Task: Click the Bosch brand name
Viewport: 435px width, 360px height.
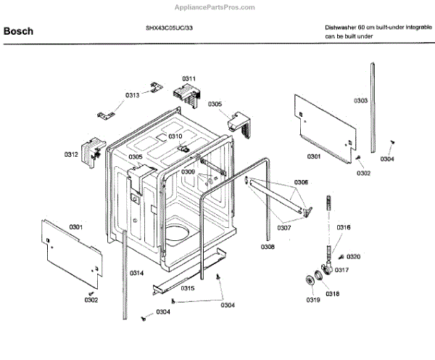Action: click(x=17, y=31)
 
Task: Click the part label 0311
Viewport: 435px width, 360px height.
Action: click(x=189, y=78)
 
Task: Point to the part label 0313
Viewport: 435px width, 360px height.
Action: click(x=132, y=95)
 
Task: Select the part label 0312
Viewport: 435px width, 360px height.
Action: click(x=71, y=155)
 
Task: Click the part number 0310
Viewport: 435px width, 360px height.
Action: click(x=175, y=136)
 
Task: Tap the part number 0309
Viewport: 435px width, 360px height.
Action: click(x=188, y=172)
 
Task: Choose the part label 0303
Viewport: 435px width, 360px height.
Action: click(x=360, y=100)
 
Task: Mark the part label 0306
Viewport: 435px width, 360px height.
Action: click(x=301, y=181)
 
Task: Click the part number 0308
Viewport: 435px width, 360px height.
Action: click(x=268, y=247)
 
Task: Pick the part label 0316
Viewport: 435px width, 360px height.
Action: click(x=344, y=228)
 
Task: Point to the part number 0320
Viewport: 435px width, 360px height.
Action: click(x=354, y=257)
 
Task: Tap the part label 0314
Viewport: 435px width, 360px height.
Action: click(x=136, y=273)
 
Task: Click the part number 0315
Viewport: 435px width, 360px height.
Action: click(x=188, y=288)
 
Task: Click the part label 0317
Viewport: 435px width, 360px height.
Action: click(x=342, y=270)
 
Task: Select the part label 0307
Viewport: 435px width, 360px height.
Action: click(x=283, y=228)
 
